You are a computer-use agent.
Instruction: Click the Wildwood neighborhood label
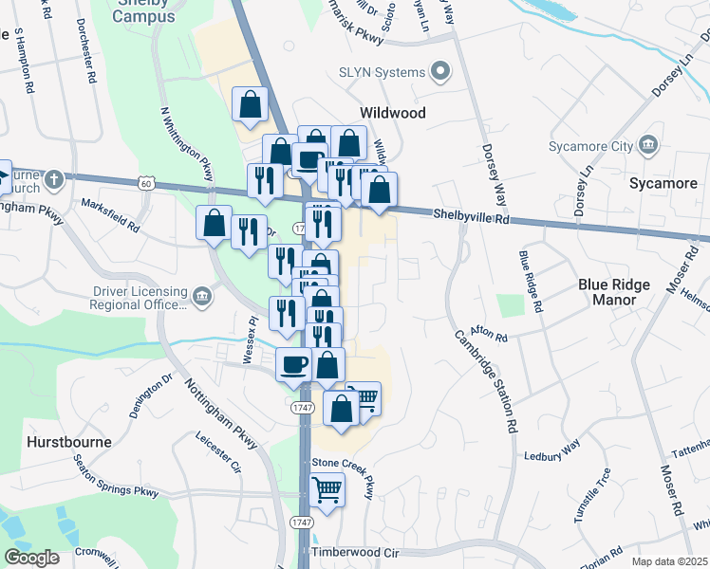(x=391, y=112)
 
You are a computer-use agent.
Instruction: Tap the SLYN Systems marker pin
(x=440, y=71)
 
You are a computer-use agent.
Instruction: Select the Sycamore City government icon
(x=648, y=145)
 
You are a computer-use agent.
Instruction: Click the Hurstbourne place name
(x=69, y=442)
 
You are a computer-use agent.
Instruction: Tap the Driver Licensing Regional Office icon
(x=201, y=298)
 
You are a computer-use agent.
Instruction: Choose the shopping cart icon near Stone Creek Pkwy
(x=327, y=490)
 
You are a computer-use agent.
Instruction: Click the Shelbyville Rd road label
(x=472, y=217)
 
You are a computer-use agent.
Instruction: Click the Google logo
(x=31, y=558)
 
